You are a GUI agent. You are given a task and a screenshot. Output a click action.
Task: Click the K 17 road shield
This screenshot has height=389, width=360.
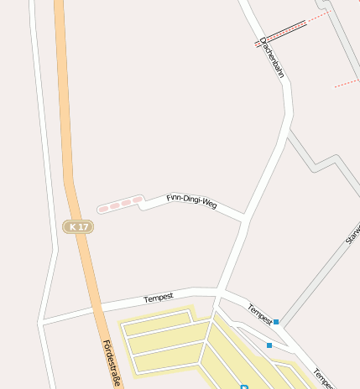pyautogui.click(x=78, y=226)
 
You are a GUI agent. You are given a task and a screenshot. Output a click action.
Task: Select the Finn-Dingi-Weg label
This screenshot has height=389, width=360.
pyautogui.click(x=191, y=201)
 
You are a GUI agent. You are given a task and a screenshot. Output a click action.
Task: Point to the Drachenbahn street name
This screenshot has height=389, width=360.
pyautogui.click(x=272, y=57)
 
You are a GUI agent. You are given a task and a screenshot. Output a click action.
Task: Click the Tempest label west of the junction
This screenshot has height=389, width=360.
pyautogui.click(x=158, y=298)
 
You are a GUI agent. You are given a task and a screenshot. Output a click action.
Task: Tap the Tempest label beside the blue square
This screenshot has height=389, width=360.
pyautogui.click(x=259, y=314)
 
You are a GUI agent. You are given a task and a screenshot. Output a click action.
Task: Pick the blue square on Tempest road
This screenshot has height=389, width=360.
pyautogui.click(x=276, y=321)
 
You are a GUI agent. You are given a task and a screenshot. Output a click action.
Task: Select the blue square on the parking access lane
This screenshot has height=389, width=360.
pyautogui.click(x=269, y=345)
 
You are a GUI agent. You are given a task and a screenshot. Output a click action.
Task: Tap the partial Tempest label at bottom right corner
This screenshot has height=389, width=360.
pyautogui.click(x=323, y=377)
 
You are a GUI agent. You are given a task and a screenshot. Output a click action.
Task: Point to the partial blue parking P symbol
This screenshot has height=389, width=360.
pyautogui.click(x=244, y=386)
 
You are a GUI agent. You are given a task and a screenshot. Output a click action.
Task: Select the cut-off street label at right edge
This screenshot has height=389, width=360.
pyautogui.click(x=353, y=233)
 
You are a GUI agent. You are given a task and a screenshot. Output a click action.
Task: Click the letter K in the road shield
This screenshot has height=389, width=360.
pyautogui.click(x=74, y=226)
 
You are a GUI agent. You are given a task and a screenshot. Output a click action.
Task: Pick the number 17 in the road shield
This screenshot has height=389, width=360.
pyautogui.click(x=82, y=226)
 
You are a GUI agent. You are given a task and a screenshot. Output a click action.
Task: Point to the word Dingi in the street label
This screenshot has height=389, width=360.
pyautogui.click(x=191, y=201)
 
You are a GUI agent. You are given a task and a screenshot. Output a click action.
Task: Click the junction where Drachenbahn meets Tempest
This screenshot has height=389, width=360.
pyautogui.click(x=218, y=291)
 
